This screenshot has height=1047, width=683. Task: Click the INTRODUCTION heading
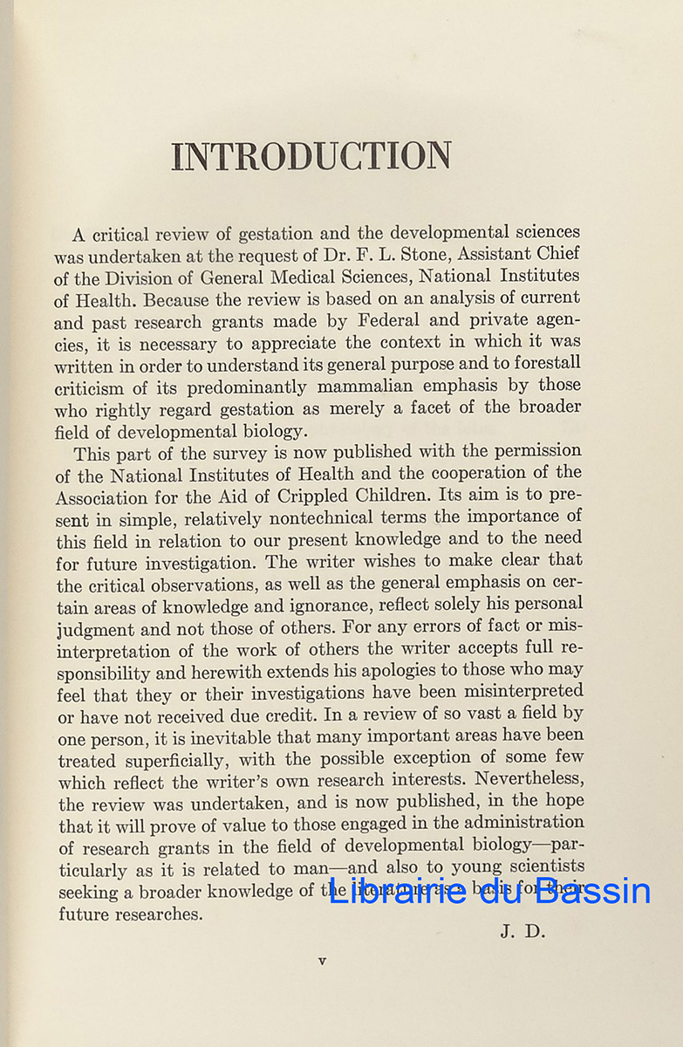[311, 156]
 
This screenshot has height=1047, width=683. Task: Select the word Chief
[556, 255]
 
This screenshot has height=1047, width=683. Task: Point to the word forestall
[540, 363]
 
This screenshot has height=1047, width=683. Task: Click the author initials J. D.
[522, 932]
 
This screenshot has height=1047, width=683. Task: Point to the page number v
[322, 961]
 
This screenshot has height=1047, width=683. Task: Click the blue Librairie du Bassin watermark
[489, 890]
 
